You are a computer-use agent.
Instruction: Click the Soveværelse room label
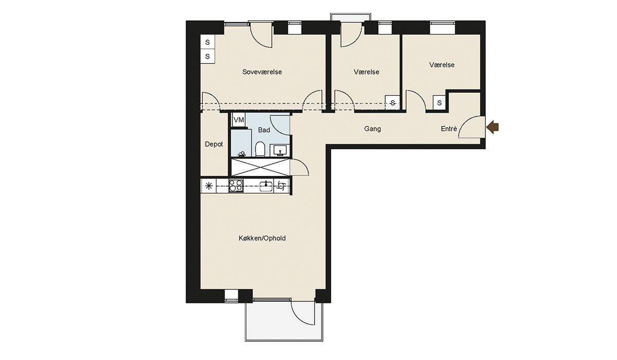[262, 72]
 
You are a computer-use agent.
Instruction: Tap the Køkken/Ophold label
[262, 238]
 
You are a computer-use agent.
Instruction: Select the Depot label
[214, 145]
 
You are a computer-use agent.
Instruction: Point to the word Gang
[372, 129]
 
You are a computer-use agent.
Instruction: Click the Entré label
[449, 129]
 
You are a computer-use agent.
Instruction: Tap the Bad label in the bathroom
[264, 130]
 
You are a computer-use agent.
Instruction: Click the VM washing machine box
[239, 120]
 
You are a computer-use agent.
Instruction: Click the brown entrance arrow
[493, 127]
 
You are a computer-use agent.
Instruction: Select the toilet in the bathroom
[260, 149]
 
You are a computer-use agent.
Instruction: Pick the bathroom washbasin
[280, 150]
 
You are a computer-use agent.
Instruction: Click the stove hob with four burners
[236, 186]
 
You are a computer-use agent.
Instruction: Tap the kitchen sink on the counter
[266, 186]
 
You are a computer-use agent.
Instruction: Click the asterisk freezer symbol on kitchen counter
[209, 186]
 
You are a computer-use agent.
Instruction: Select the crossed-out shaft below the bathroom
[260, 167]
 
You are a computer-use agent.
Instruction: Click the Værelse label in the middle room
[366, 72]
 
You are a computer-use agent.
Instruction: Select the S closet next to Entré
[439, 103]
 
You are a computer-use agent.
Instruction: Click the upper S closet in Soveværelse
[207, 42]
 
